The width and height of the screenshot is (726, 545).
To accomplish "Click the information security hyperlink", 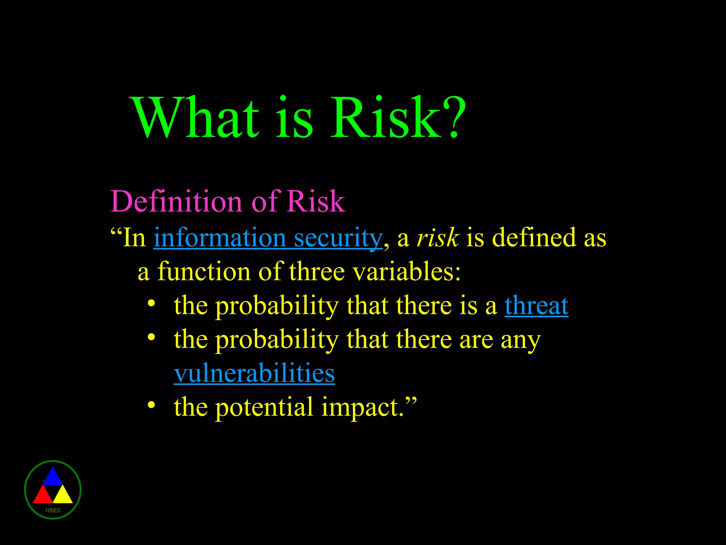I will click(x=268, y=238).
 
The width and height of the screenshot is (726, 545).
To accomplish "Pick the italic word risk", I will click(x=438, y=238).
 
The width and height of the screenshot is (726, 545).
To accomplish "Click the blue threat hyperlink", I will click(x=536, y=305).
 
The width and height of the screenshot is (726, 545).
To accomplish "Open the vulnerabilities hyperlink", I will click(x=254, y=373).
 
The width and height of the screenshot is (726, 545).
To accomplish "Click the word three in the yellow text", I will click(x=317, y=271).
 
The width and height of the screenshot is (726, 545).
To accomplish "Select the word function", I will click(x=204, y=271).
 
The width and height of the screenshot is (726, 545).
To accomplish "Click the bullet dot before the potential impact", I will click(x=151, y=405).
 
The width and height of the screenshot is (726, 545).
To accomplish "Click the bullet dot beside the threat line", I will click(x=151, y=303).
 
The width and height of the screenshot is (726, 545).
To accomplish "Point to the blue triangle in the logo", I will click(x=52, y=478).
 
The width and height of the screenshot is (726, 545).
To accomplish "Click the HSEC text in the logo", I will click(x=53, y=511).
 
